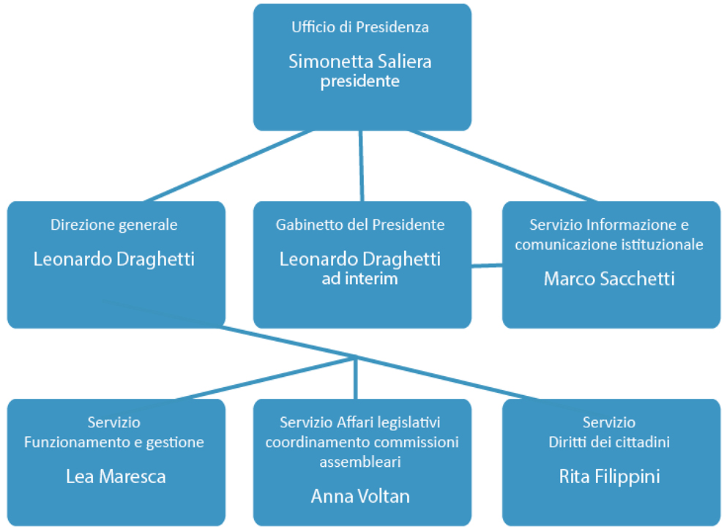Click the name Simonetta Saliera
pyautogui.click(x=360, y=61)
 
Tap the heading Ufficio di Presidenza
pyautogui.click(x=360, y=28)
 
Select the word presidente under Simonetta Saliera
pyautogui.click(x=360, y=81)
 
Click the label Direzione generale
pyautogui.click(x=114, y=225)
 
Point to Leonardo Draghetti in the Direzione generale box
pyautogui.click(x=114, y=259)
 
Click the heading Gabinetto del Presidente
pyautogui.click(x=360, y=225)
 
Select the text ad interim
pyautogui.click(x=360, y=279)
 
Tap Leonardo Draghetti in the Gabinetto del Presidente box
pyautogui.click(x=360, y=259)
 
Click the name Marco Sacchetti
pyautogui.click(x=609, y=279)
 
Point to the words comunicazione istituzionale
pyautogui.click(x=609, y=244)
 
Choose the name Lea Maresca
pyautogui.click(x=116, y=477)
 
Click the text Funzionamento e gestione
pyautogui.click(x=114, y=442)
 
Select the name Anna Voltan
pyautogui.click(x=360, y=496)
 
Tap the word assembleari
pyautogui.click(x=360, y=462)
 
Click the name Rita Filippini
pyautogui.click(x=609, y=477)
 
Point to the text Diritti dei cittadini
pyautogui.click(x=609, y=442)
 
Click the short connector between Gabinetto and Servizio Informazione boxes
pyautogui.click(x=487, y=265)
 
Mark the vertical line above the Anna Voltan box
pyautogui.click(x=357, y=378)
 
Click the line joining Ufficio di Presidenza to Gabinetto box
pyautogui.click(x=361, y=166)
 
